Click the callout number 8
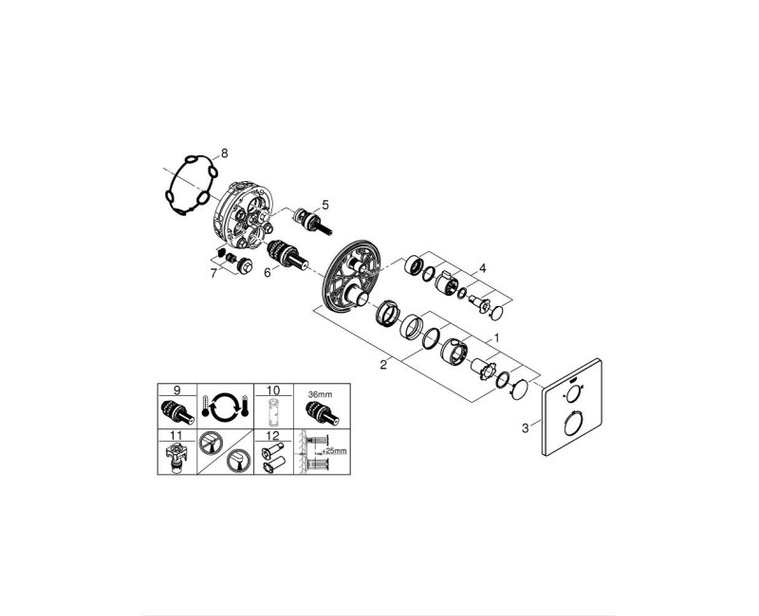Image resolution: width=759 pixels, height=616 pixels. coord(225,153)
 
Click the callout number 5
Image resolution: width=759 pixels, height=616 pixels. coord(324,204)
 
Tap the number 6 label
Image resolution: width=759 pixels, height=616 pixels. coord(268,272)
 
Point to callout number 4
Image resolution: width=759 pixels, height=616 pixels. coord(482,268)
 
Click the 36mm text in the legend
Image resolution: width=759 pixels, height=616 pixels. coord(320,391)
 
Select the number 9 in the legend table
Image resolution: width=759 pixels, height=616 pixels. coord(176,390)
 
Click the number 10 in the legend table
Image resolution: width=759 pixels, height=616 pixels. coord(272,390)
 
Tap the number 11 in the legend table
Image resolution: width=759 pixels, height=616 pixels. coord(176,436)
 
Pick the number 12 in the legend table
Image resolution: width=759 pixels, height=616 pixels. coord(272,436)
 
